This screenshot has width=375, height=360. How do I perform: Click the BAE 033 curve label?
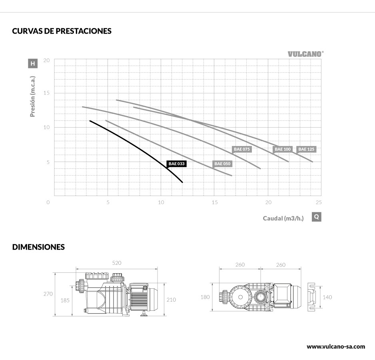pos(177,164)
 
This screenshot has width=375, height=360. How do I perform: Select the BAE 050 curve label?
pos(222,164)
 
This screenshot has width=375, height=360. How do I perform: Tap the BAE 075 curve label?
pos(242,149)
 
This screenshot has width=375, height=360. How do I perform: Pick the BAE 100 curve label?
pos(283,149)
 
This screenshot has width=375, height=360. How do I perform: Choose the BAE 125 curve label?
pos(307,149)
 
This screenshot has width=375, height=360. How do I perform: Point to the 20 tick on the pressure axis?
pos(46,60)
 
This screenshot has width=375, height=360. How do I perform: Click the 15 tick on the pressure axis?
pos(46,93)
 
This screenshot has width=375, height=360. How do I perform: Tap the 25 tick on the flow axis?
pos(318,202)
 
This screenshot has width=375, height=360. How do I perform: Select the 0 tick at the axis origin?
pos(48,202)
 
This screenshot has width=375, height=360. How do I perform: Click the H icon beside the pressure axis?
pos(33,63)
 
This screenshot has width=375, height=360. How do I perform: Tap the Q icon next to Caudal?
pos(316,217)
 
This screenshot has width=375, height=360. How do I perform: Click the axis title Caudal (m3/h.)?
pos(283,218)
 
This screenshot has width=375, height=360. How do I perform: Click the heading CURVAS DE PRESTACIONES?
pos(62,31)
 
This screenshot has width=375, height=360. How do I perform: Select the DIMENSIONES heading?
pos(38,247)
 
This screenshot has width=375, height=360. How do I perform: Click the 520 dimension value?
pos(116,263)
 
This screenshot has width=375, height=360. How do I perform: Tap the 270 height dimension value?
pos(48,294)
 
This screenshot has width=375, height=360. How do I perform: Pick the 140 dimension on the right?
pos(327,297)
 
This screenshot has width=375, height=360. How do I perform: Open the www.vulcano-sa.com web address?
pos(336,346)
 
